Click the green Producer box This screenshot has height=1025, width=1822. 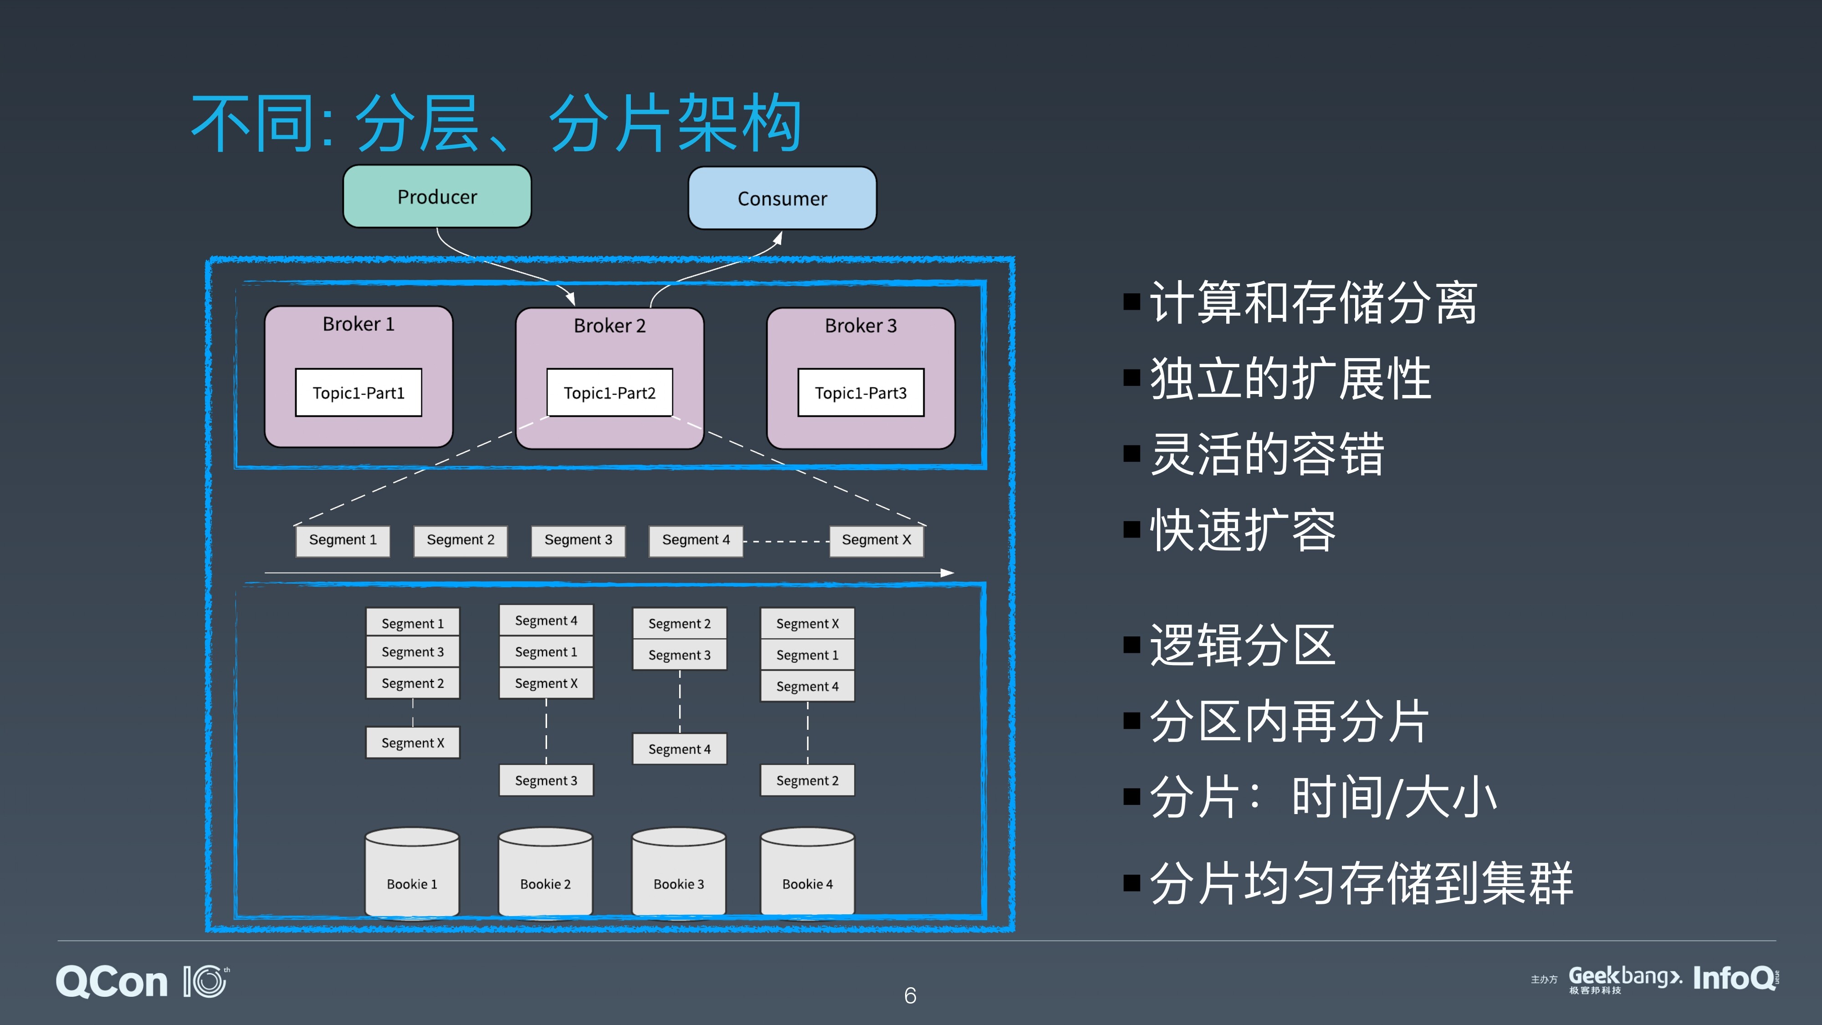click(x=437, y=197)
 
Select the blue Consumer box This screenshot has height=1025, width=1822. click(x=782, y=198)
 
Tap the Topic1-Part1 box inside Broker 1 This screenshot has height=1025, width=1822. click(x=358, y=393)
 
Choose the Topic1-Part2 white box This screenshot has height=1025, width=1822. click(x=610, y=393)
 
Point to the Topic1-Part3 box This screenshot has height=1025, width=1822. click(x=861, y=393)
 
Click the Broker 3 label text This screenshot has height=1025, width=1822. click(x=861, y=325)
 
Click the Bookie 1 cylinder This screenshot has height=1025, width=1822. click(x=412, y=872)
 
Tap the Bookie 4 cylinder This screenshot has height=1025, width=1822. click(x=807, y=872)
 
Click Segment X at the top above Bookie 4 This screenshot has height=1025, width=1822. click(x=807, y=623)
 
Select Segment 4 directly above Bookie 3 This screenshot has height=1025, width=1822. click(x=679, y=748)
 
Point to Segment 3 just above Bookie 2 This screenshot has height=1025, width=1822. click(x=546, y=780)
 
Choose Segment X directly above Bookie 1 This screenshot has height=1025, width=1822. click(x=412, y=743)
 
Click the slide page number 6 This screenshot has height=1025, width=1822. click(x=910, y=995)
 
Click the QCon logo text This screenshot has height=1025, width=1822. click(x=112, y=982)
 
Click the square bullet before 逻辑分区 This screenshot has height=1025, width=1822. click(x=1131, y=645)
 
